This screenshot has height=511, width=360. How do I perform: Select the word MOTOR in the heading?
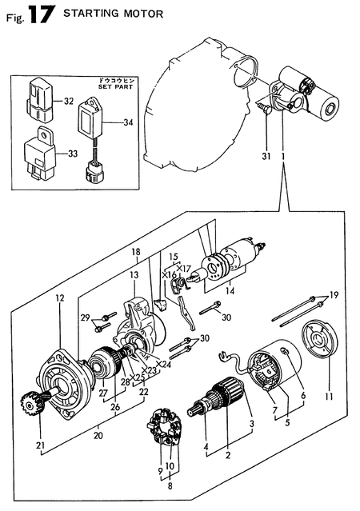(x=144, y=14)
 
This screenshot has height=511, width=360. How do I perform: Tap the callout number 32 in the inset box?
(x=68, y=102)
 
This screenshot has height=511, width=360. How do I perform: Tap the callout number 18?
(x=137, y=251)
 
